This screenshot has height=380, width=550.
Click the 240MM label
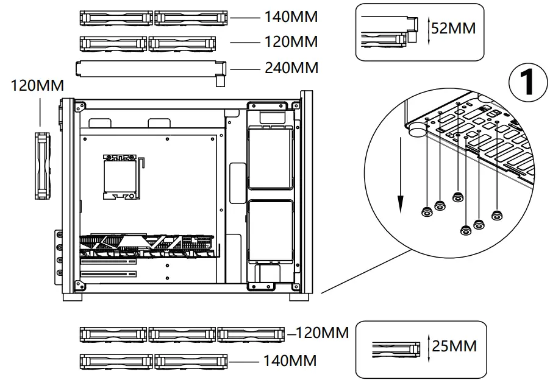[x=291, y=68]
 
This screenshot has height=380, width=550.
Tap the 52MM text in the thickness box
[x=454, y=29]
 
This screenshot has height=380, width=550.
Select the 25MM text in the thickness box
[x=454, y=347]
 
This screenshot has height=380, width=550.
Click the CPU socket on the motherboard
[x=121, y=175]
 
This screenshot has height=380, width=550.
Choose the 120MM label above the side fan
[x=37, y=86]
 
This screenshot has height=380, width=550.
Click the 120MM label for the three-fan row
[x=322, y=333]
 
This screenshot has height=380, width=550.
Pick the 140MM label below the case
[x=290, y=361]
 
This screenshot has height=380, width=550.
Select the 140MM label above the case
[x=291, y=17]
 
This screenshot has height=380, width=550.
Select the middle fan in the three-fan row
[x=182, y=334]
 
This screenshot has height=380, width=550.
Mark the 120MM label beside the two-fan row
[x=291, y=43]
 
